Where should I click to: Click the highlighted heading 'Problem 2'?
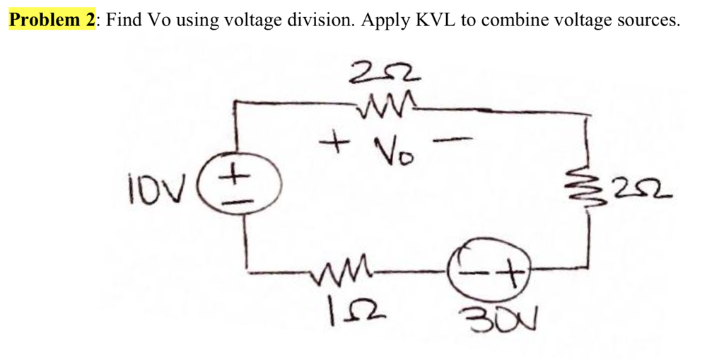pyautogui.click(x=52, y=19)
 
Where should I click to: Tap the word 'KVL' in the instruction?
pyautogui.click(x=433, y=19)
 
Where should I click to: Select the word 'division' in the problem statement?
pyautogui.click(x=317, y=19)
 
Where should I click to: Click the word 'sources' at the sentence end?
pyautogui.click(x=649, y=19)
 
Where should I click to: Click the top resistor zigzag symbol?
pyautogui.click(x=378, y=108)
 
